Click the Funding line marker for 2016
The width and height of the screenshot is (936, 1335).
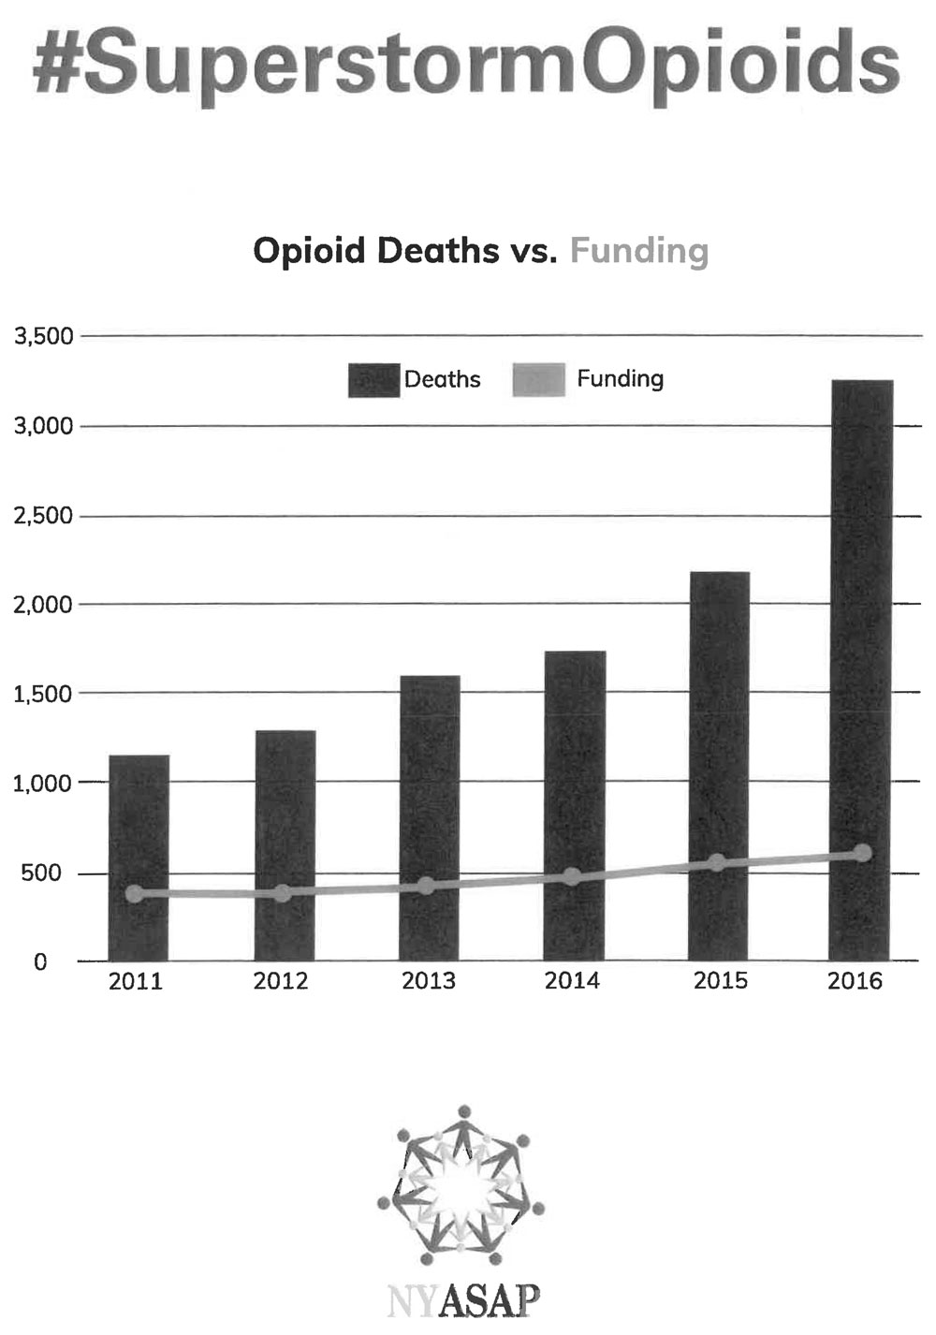click(x=862, y=853)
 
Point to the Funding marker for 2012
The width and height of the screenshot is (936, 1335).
click(x=283, y=893)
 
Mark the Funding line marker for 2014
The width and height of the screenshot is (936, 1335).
click(x=573, y=877)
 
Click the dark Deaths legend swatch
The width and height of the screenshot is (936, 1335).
click(x=373, y=380)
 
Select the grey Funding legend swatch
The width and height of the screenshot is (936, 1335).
click(x=539, y=380)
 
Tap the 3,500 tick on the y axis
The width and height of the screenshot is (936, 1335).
click(x=43, y=336)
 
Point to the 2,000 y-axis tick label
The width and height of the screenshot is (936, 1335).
click(x=43, y=605)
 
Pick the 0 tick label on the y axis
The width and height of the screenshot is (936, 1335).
click(x=39, y=962)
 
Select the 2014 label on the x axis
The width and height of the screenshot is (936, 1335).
click(x=573, y=981)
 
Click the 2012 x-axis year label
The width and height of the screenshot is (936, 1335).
click(x=281, y=981)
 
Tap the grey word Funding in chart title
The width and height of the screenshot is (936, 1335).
click(x=639, y=252)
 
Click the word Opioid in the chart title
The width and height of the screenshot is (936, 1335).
click(x=310, y=252)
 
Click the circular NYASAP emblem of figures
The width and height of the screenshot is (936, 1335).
click(x=461, y=1184)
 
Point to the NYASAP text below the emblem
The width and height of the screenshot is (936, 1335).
click(x=463, y=1300)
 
